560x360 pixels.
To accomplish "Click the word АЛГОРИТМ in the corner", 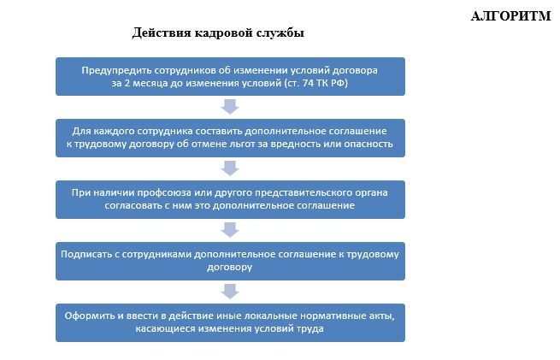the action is point(510,16).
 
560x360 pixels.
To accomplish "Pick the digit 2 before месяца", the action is point(128,83).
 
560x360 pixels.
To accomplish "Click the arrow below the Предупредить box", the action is point(230,107).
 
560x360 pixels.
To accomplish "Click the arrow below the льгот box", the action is point(230,168).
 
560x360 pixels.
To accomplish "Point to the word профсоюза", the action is point(164,193).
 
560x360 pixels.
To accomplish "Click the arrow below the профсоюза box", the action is point(230,230).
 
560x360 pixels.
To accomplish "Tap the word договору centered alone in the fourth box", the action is point(230,268).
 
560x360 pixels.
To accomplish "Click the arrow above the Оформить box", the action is point(230,292).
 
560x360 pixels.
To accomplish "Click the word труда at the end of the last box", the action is point(310,329).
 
